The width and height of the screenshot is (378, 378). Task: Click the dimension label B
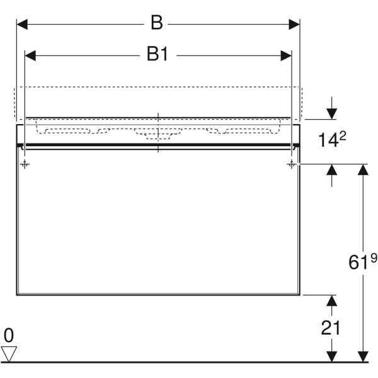point(157,23)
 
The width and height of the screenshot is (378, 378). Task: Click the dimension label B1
point(157,54)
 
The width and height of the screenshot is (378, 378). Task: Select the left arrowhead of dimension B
point(22,25)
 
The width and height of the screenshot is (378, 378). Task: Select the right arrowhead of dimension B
point(294,25)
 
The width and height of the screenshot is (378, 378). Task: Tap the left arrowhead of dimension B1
point(30,55)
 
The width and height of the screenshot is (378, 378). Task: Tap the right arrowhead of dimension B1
point(286,55)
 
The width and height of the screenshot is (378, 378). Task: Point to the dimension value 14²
point(332,139)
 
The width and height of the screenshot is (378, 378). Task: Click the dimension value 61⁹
point(362,262)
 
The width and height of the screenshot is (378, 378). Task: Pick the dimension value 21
point(331,328)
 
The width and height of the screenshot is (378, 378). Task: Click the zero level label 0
point(9,335)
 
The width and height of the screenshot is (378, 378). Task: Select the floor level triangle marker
point(9,354)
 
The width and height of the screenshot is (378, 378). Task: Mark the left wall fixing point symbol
point(25,164)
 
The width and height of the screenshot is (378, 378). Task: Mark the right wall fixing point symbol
point(292,164)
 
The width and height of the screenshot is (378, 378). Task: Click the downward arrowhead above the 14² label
point(332,114)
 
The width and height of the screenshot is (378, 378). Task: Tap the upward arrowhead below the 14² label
point(332,169)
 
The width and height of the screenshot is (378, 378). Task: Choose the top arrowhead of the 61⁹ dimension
point(363,169)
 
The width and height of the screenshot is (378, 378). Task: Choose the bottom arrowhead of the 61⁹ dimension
point(363,357)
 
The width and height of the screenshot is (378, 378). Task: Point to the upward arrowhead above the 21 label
point(332,301)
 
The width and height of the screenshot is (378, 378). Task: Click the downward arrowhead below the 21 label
point(332,357)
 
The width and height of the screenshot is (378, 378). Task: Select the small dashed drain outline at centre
point(158,137)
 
